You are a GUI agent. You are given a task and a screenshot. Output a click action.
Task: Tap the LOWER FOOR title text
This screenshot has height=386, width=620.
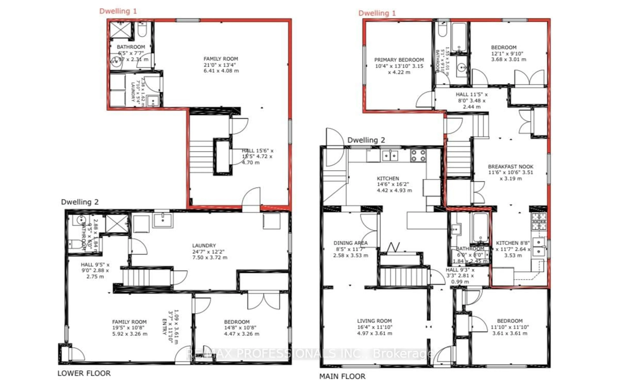(x=84, y=373)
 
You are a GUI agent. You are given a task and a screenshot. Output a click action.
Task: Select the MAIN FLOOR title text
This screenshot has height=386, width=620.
(x=342, y=376)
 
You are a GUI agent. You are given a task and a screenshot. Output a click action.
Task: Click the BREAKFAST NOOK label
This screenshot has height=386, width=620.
(x=511, y=167)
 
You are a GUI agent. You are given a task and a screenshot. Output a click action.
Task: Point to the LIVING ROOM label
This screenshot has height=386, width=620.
(x=374, y=321)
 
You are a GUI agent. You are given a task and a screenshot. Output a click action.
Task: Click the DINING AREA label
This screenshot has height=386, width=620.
(x=350, y=243)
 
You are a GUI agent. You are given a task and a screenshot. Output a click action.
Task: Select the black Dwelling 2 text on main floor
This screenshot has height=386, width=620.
(x=366, y=140)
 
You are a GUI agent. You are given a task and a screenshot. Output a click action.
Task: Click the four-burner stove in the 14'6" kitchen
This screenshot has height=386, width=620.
(x=418, y=156)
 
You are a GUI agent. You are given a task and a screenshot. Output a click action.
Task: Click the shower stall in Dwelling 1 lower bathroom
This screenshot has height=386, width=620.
(x=120, y=30)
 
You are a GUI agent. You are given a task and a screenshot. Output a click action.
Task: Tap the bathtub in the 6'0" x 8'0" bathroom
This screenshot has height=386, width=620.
(x=480, y=227)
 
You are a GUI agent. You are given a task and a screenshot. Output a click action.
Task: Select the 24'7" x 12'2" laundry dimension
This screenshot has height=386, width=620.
(x=208, y=251)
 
